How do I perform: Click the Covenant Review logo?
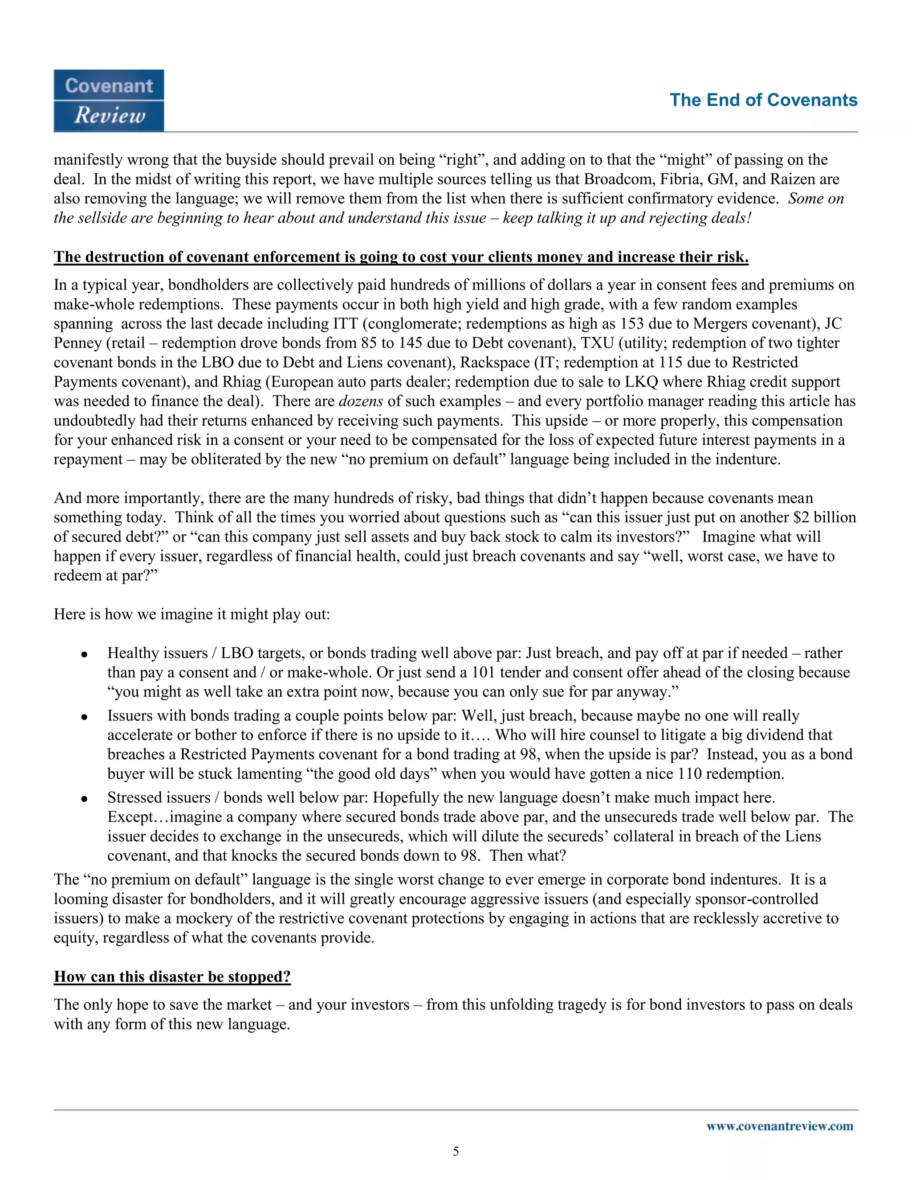(109, 101)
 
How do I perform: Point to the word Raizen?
(792, 179)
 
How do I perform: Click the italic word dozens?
(360, 401)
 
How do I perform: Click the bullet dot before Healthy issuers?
(84, 654)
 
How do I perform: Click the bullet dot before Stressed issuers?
(84, 798)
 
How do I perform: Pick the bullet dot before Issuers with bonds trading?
(84, 717)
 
